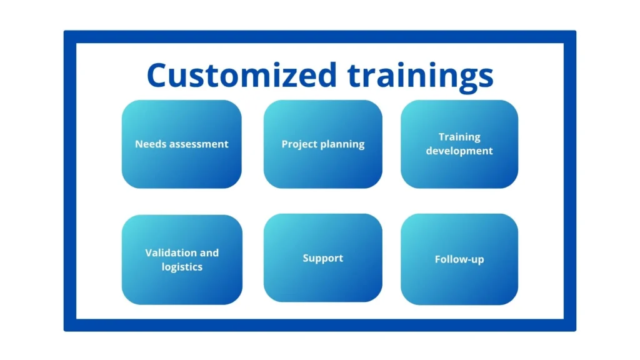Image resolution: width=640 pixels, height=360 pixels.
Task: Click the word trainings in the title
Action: point(421,77)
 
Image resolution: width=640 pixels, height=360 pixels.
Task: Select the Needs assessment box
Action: point(182,144)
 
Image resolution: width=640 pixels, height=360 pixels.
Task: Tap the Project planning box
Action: point(323,144)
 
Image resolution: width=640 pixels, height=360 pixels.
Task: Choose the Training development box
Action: point(459,144)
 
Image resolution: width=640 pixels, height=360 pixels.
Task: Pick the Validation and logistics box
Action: point(182,259)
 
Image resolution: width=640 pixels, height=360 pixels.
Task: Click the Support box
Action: point(323,258)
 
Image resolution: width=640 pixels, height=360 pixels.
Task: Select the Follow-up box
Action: point(459,259)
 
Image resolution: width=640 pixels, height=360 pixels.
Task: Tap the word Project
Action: point(299,144)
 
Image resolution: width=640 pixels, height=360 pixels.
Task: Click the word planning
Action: point(342,145)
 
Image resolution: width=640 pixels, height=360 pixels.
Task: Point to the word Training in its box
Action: point(459,137)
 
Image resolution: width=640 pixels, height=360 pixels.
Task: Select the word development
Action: point(459,151)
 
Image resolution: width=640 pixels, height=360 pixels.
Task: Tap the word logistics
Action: point(182,267)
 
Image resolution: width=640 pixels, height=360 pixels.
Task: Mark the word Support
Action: point(323,258)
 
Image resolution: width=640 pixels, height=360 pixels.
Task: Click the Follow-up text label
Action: point(459,259)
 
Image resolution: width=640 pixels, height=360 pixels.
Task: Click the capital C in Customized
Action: point(157,75)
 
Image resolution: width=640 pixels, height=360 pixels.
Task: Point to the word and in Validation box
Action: point(209,252)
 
